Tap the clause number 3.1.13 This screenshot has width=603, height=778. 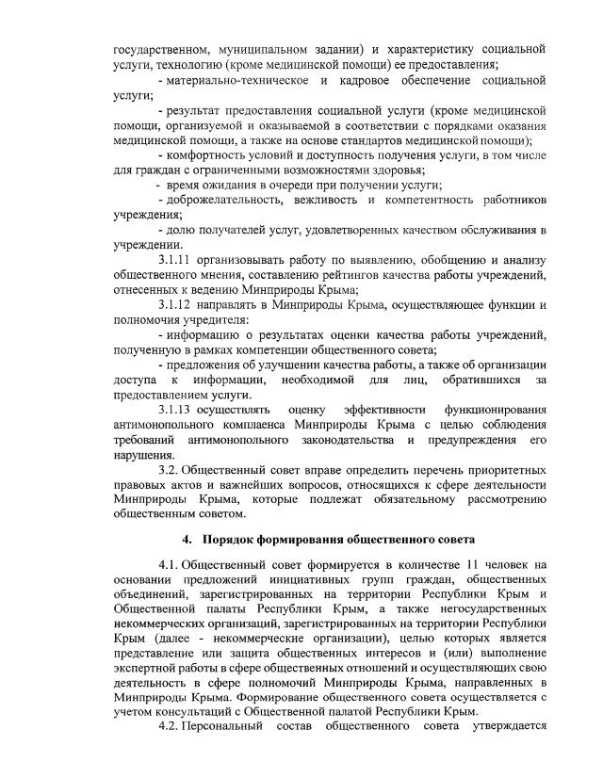[178, 411]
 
